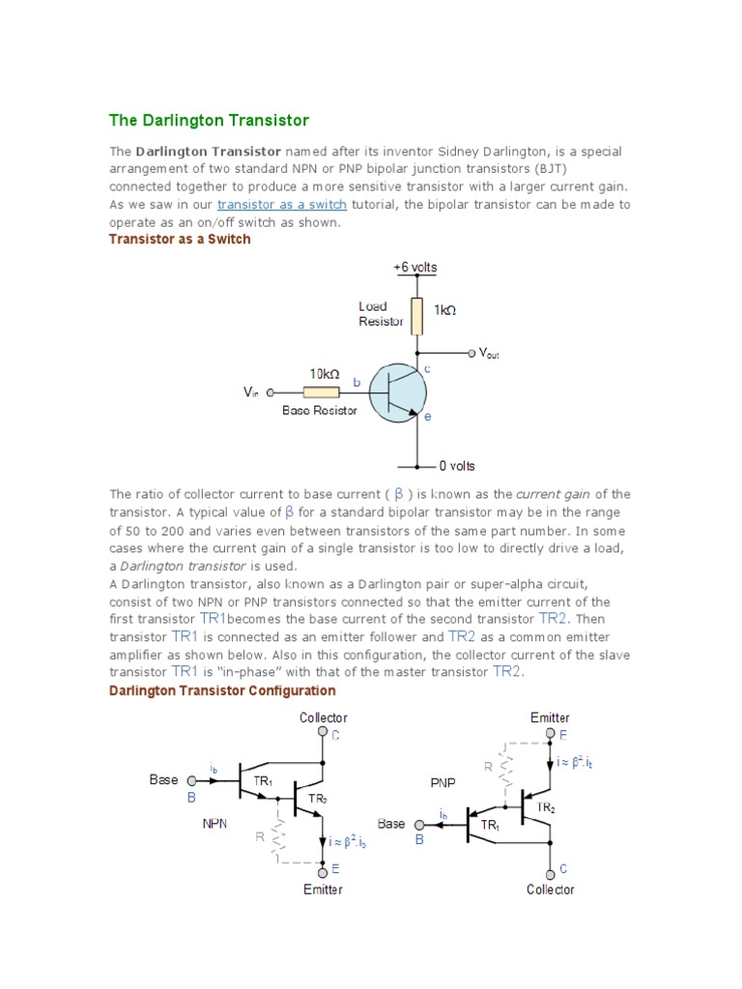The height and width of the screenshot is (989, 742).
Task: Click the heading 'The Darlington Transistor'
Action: click(209, 121)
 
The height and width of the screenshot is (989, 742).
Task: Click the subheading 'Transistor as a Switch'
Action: click(180, 240)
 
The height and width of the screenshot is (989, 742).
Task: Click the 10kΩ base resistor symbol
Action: click(321, 392)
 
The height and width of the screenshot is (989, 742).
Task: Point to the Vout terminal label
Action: click(490, 353)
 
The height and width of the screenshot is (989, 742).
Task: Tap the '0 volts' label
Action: click(457, 466)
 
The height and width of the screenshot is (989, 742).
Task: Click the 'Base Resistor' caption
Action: click(320, 410)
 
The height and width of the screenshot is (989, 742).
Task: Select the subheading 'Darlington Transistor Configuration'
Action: click(222, 691)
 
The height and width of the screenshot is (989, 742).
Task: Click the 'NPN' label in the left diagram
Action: click(214, 824)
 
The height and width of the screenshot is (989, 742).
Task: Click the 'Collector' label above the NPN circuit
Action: click(324, 718)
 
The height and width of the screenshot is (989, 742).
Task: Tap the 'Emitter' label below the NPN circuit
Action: click(323, 889)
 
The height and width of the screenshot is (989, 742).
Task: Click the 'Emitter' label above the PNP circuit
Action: click(551, 718)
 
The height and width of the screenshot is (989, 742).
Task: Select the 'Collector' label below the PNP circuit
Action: click(551, 889)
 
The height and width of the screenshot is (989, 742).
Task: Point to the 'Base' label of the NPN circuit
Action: click(164, 778)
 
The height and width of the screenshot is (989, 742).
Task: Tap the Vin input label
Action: click(251, 392)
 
